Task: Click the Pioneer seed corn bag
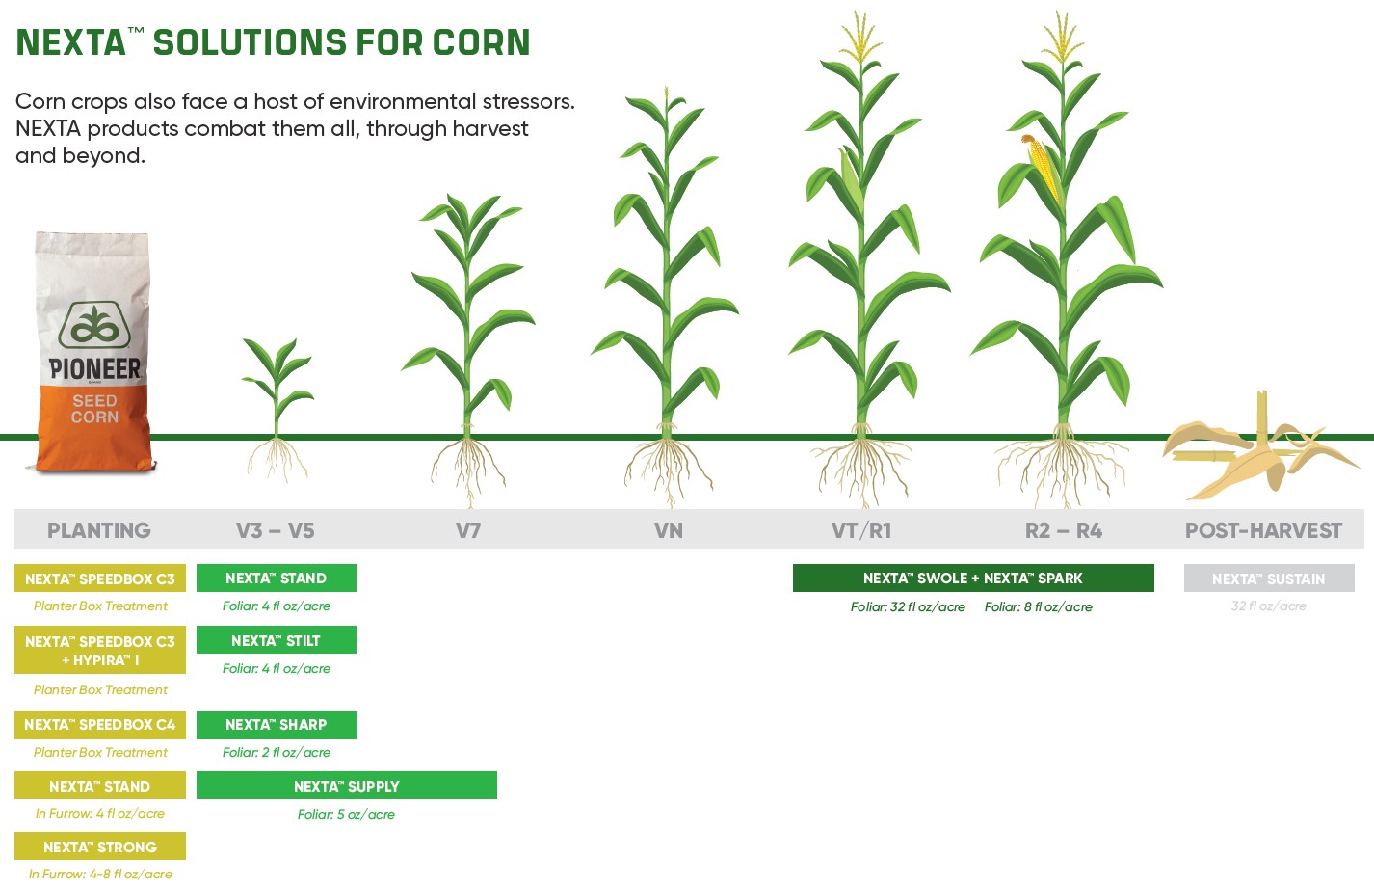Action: pyautogui.click(x=93, y=352)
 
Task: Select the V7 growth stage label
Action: pyautogui.click(x=468, y=530)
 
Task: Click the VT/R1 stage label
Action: pyautogui.click(x=861, y=530)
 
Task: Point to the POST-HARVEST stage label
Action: pyautogui.click(x=1263, y=530)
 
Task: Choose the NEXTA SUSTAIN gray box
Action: pyautogui.click(x=1268, y=579)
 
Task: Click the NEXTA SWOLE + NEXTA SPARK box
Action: pyautogui.click(x=972, y=579)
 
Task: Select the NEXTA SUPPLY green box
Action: pyautogui.click(x=346, y=786)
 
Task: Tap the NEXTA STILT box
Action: pyautogui.click(x=276, y=640)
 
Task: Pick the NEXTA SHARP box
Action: pyautogui.click(x=276, y=724)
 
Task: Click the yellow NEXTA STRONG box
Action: pyautogui.click(x=100, y=847)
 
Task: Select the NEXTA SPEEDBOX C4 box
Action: pyautogui.click(x=100, y=724)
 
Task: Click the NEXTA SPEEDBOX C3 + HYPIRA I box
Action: pyautogui.click(x=100, y=650)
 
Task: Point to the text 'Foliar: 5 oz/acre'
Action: pyautogui.click(x=346, y=815)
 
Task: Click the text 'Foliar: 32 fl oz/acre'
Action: pyautogui.click(x=908, y=607)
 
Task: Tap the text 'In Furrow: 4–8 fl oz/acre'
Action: pyautogui.click(x=100, y=875)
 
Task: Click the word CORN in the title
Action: pyautogui.click(x=481, y=42)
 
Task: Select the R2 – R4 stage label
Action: pyautogui.click(x=1064, y=530)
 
